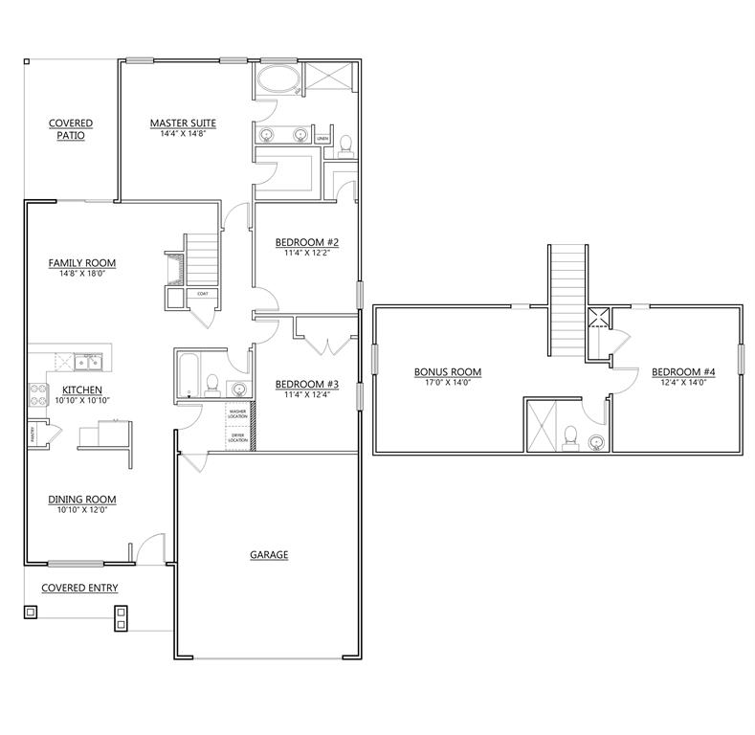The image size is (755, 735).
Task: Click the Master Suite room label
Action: [182, 123]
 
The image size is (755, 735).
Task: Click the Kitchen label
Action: [82, 390]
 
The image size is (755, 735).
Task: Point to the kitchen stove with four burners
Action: [38, 392]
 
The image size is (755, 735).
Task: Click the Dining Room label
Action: [82, 499]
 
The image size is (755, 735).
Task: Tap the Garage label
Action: [269, 554]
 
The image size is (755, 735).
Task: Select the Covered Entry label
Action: [79, 588]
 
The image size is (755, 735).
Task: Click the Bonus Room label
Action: [447, 371]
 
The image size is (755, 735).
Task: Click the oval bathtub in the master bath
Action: [278, 80]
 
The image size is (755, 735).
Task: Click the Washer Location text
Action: [237, 413]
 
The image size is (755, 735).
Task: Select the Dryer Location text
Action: [237, 437]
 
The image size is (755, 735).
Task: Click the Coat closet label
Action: [203, 294]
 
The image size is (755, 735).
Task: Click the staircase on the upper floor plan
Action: [566, 297]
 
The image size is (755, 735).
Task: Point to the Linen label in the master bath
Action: [322, 140]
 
